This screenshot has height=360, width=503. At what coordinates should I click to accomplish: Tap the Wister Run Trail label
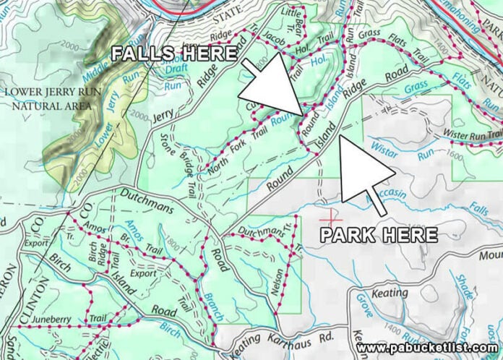(x=473, y=134)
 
